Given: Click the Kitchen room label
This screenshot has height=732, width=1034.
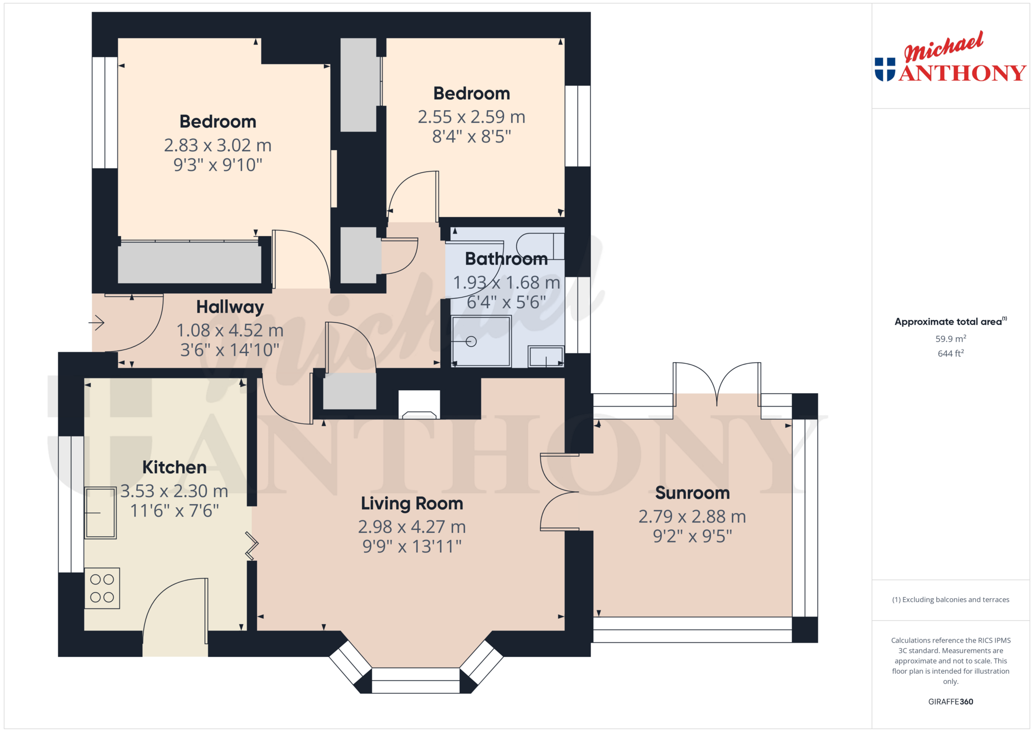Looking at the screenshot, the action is click(174, 467).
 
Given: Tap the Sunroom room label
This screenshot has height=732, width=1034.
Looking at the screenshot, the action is click(692, 493).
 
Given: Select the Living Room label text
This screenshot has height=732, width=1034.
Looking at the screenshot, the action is click(412, 504).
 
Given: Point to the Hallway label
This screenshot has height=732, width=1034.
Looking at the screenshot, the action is click(230, 307).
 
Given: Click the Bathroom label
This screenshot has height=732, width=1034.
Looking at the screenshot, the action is click(506, 259).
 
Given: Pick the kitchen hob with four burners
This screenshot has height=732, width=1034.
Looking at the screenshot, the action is click(102, 588).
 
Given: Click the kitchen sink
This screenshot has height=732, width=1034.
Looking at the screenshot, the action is click(101, 513).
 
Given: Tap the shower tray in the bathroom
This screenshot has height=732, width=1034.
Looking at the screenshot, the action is click(481, 341).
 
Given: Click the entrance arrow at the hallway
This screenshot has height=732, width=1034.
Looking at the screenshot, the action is click(97, 323).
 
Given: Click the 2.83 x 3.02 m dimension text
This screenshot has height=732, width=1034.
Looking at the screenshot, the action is click(218, 146).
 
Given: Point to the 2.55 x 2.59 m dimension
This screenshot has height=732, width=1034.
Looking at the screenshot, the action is click(471, 117).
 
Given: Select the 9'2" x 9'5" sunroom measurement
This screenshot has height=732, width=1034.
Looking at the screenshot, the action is click(692, 536).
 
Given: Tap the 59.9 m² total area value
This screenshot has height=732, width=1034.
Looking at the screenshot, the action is click(950, 339).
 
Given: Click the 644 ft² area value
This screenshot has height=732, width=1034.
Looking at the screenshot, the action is click(950, 353).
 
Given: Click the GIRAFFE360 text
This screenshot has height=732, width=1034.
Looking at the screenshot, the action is click(950, 701).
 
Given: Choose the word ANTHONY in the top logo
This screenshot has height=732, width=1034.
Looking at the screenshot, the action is click(963, 73).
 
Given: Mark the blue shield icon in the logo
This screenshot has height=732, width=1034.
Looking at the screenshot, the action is click(885, 69).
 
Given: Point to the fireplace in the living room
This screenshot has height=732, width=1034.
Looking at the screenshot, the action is click(419, 405).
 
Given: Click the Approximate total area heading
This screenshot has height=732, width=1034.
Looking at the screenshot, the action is click(950, 321).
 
